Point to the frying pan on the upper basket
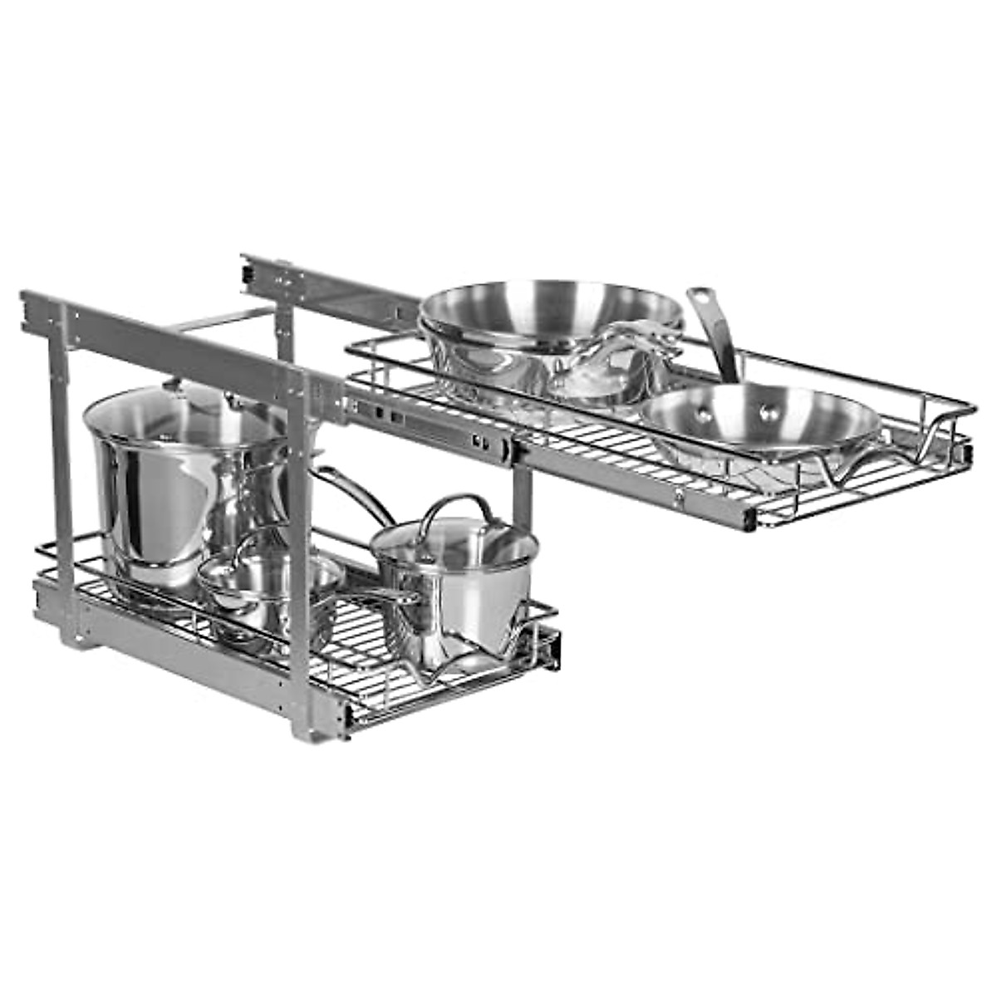click(x=760, y=424)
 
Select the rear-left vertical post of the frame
click(x=58, y=465)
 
